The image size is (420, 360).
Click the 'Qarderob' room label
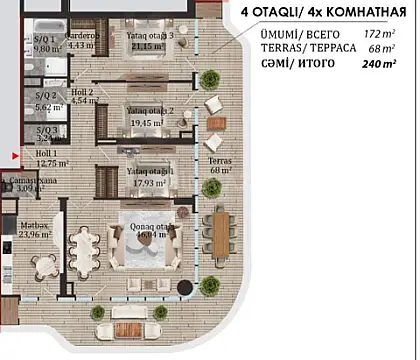click(x=81, y=33)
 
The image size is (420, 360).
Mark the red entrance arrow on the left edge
click(x=13, y=156)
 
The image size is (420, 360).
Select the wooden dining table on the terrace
click(x=220, y=232)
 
